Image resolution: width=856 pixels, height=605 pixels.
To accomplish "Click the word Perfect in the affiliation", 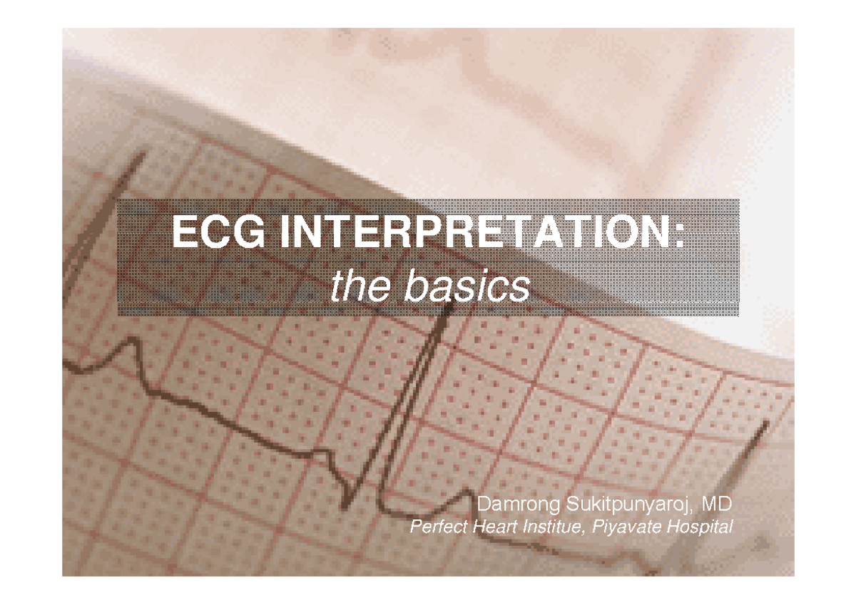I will [x=435, y=528].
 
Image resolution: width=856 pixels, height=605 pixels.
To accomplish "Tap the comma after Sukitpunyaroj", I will [x=693, y=511].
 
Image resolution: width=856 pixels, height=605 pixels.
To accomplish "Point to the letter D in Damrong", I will [x=483, y=505].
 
